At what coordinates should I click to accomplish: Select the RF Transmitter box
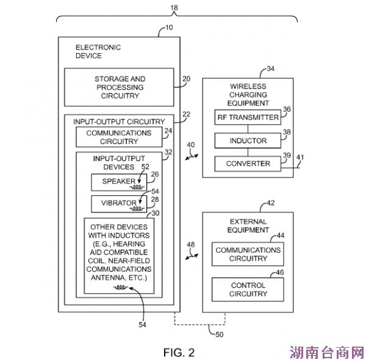[x=248, y=117]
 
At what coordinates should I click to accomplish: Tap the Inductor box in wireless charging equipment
[x=248, y=141]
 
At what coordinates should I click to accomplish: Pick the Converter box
[x=248, y=164]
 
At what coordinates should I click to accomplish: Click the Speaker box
[x=118, y=182]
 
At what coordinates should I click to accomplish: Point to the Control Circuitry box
[x=248, y=289]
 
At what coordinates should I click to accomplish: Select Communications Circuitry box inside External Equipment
[x=248, y=254]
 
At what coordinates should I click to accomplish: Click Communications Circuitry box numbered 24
[x=119, y=137]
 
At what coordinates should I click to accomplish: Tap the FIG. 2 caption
[x=179, y=352]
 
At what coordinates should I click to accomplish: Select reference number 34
[x=270, y=69]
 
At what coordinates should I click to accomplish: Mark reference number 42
[x=270, y=203]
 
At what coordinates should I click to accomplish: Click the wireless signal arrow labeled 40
[x=192, y=150]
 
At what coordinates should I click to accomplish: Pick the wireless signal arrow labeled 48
[x=191, y=249]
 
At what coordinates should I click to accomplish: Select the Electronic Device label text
[x=98, y=51]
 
